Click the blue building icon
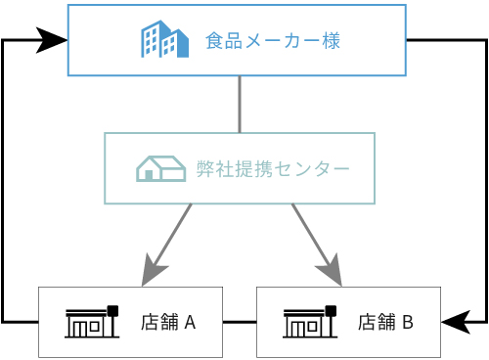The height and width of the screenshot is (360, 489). tap(164, 40)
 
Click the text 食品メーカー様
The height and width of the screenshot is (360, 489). tap(273, 41)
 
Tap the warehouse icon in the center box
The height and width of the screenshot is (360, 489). tap(160, 168)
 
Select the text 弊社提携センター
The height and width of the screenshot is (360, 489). tap(272, 169)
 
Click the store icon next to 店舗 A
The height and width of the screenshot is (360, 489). tap(92, 321)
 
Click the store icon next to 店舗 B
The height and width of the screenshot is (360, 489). tap(310, 321)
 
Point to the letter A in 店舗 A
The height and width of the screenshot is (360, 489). tap(190, 322)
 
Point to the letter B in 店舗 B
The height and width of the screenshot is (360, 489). tap(408, 322)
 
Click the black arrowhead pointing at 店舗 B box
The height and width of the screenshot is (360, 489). tap(457, 321)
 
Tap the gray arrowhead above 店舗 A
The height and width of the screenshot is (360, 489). tap(153, 270)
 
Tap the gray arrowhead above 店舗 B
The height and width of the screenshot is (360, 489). tap(331, 270)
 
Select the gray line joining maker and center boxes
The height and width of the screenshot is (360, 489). tap(240, 104)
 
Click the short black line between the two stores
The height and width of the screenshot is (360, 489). tap(240, 321)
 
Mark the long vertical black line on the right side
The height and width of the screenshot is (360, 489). tap(486, 181)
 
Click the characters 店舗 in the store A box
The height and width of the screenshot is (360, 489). tap(159, 322)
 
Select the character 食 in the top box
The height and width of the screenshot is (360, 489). tap(214, 41)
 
